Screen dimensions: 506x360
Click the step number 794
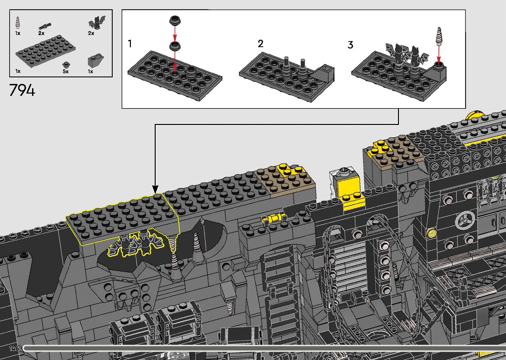click(22, 90)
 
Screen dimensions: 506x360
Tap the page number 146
click(14, 348)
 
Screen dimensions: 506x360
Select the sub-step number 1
click(130, 43)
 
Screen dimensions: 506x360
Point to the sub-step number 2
click(260, 44)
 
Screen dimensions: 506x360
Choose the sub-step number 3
click(350, 45)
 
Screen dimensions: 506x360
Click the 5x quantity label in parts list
click(65, 71)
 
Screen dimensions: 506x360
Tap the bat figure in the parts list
click(97, 23)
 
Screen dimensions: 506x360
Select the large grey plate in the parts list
click(45, 51)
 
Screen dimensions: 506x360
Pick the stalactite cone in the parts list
click(18, 23)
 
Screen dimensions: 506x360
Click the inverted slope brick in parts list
click(96, 60)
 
